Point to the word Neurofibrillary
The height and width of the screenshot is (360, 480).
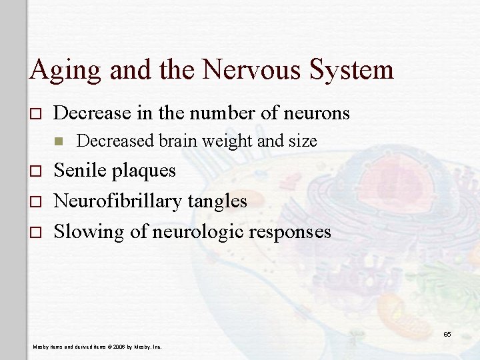click(x=113, y=201)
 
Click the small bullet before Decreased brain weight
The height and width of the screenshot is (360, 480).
click(x=59, y=141)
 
